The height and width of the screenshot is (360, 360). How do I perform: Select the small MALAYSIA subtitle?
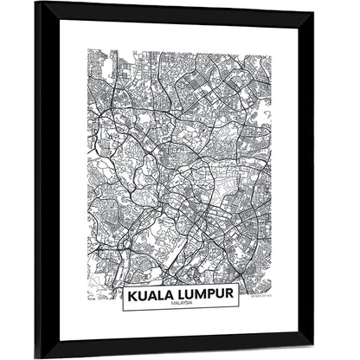(180, 305)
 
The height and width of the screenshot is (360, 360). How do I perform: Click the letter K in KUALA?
(132, 295)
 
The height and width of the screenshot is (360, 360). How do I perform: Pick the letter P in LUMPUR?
(212, 295)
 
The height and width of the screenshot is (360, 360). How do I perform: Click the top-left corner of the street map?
(87, 50)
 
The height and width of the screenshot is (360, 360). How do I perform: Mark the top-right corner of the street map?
(270, 50)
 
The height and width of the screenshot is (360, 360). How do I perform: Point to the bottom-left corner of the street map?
(87, 301)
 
